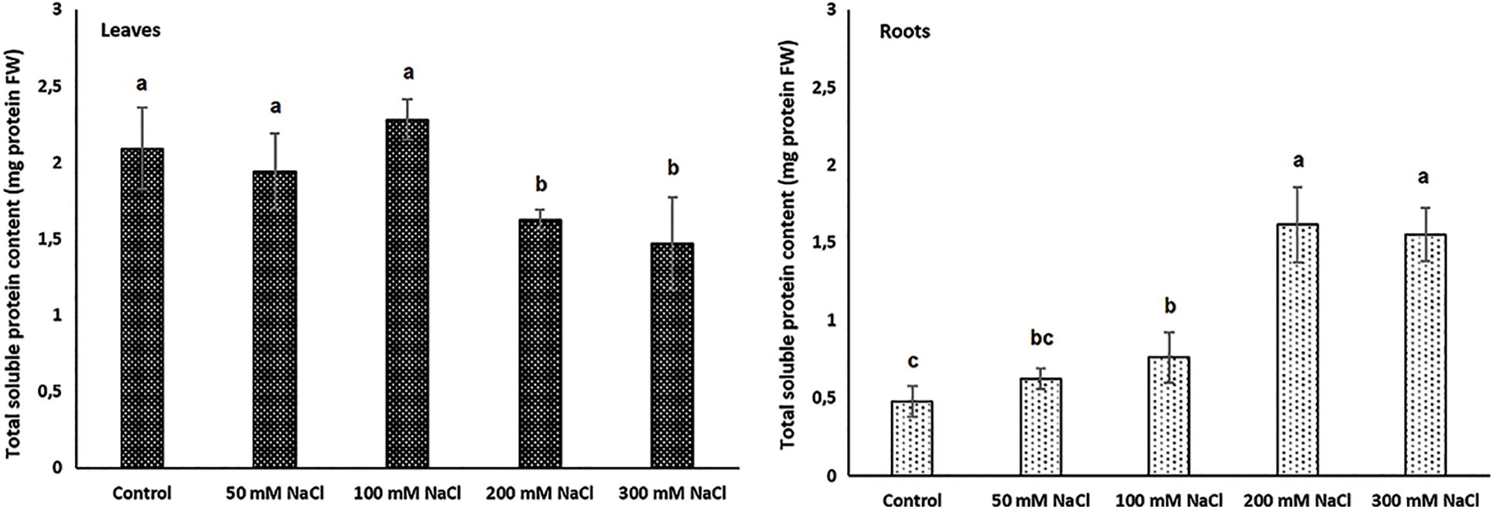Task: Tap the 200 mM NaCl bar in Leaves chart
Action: click(x=540, y=343)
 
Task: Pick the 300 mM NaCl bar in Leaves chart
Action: click(x=671, y=355)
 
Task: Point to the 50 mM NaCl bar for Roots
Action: click(x=1040, y=426)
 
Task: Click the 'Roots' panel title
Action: click(x=904, y=32)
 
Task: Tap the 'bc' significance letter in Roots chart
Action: click(x=1040, y=339)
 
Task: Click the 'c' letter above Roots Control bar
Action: click(x=913, y=361)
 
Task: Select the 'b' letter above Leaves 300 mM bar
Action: click(x=672, y=169)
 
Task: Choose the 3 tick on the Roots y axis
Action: click(x=831, y=10)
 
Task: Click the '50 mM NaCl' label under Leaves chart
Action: click(x=275, y=493)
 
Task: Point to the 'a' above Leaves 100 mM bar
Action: click(x=408, y=73)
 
